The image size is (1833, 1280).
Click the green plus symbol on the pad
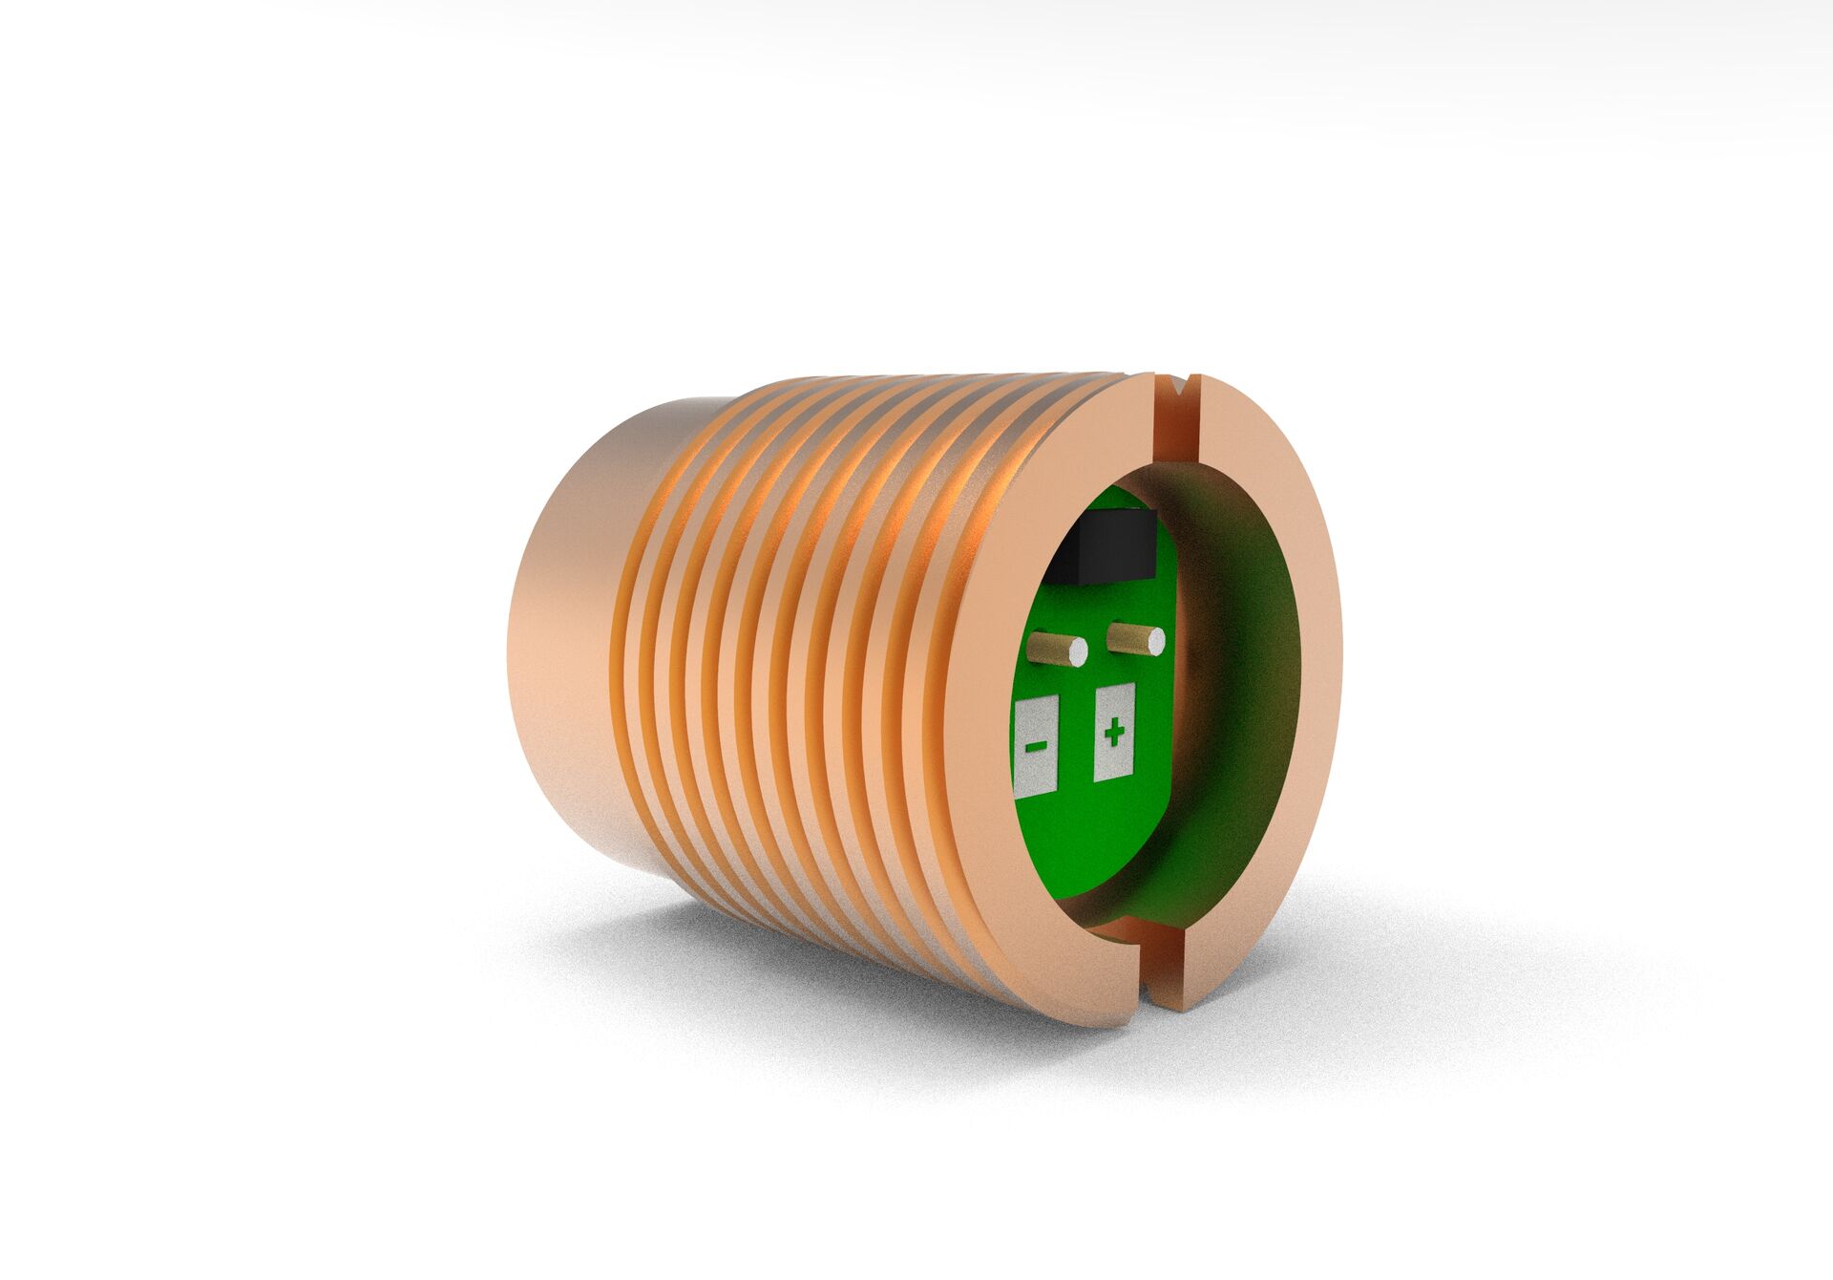click(1113, 734)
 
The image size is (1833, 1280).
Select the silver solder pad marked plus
click(1114, 759)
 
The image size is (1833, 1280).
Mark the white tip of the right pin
click(1156, 642)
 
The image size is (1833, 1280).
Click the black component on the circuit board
click(1103, 548)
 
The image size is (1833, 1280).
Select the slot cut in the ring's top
click(1175, 420)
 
